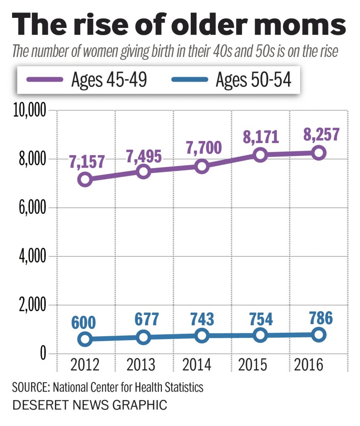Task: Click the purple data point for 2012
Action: pos(85,180)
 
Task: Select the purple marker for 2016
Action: pos(319,153)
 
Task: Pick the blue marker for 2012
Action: pos(85,339)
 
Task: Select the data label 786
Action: pos(318,318)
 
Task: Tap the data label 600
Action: pos(85,323)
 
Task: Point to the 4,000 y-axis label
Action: pos(33,257)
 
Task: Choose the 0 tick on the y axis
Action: pos(42,354)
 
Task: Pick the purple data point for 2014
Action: pos(202,166)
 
